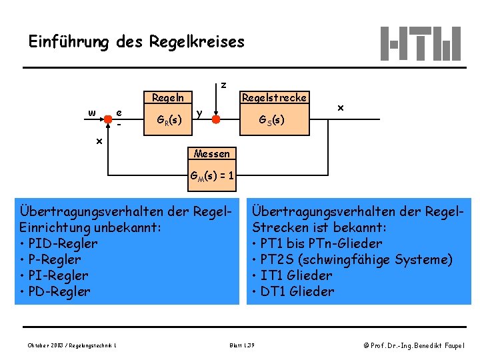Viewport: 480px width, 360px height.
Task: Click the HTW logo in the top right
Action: click(x=420, y=43)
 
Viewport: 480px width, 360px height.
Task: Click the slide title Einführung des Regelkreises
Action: click(x=137, y=42)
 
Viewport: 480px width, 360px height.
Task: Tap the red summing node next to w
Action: click(x=107, y=119)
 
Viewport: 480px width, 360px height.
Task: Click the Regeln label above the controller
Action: click(x=168, y=97)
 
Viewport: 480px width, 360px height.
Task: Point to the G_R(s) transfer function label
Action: click(x=167, y=120)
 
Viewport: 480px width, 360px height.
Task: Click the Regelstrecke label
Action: click(x=274, y=97)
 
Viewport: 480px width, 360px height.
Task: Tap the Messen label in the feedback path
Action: click(x=211, y=153)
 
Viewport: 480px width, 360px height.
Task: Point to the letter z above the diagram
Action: click(x=223, y=85)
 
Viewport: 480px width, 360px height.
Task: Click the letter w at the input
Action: click(x=91, y=111)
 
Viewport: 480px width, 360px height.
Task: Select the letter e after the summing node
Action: click(x=119, y=112)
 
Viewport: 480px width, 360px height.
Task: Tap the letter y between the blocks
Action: click(x=199, y=112)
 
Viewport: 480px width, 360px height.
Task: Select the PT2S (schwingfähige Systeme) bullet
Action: click(x=353, y=259)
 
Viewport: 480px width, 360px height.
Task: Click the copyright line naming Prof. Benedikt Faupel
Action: click(x=414, y=345)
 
